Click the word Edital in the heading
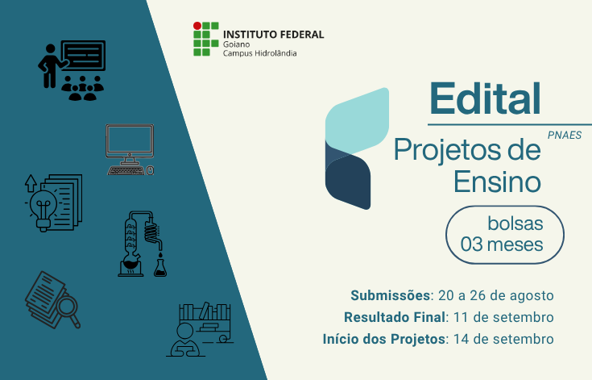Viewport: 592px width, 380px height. pyautogui.click(x=485, y=98)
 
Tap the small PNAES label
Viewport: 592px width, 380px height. pyautogui.click(x=565, y=135)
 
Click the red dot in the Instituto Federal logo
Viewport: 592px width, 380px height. pyautogui.click(x=197, y=26)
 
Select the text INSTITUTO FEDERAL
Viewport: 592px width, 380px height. pyautogui.click(x=273, y=35)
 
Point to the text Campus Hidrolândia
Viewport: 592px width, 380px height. pyautogui.click(x=259, y=53)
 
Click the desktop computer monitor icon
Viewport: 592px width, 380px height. pyautogui.click(x=130, y=141)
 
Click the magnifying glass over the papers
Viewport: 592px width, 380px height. pyautogui.click(x=68, y=307)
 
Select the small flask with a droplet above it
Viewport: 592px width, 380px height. pyautogui.click(x=160, y=265)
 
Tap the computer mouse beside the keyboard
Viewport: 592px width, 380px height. pyautogui.click(x=150, y=170)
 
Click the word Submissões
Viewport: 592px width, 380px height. pyautogui.click(x=391, y=295)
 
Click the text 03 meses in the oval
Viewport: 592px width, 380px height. pyautogui.click(x=501, y=244)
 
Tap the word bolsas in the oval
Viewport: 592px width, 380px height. pyautogui.click(x=515, y=223)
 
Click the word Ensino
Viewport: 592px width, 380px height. pyautogui.click(x=497, y=182)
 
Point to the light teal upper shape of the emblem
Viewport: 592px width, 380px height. pyautogui.click(x=357, y=121)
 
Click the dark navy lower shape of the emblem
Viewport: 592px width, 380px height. pyautogui.click(x=348, y=182)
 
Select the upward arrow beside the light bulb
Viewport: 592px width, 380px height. pyautogui.click(x=31, y=183)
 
